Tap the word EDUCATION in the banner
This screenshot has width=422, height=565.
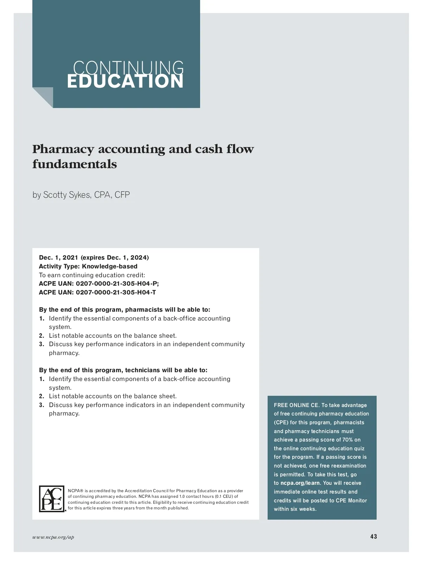tap(125, 82)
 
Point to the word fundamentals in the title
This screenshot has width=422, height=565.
tap(75, 164)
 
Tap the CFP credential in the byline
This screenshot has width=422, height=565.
tap(122, 195)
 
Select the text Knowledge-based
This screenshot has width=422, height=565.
tap(110, 266)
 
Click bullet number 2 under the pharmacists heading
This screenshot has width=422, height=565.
tap(41, 336)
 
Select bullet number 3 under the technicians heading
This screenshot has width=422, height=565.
tap(41, 405)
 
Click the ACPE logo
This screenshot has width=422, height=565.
tap(52, 499)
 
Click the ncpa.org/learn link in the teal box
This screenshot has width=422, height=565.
tap(300, 483)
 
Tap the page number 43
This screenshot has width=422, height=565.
tap(373, 537)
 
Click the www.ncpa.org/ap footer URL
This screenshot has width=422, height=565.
tap(53, 537)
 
